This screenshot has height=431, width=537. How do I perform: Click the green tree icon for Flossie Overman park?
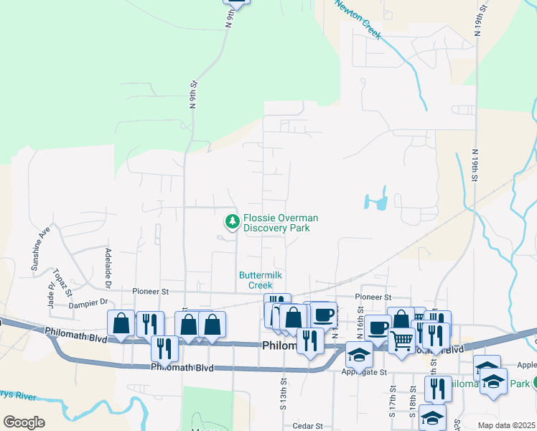pos(232,222)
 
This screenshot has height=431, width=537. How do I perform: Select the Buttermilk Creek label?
pos(261,280)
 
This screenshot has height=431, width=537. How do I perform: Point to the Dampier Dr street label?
pos(88,302)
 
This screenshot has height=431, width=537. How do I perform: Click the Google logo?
pos(24,422)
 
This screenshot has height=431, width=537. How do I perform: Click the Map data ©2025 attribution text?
pos(506,425)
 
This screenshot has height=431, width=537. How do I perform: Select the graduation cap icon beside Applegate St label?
pos(360,354)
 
